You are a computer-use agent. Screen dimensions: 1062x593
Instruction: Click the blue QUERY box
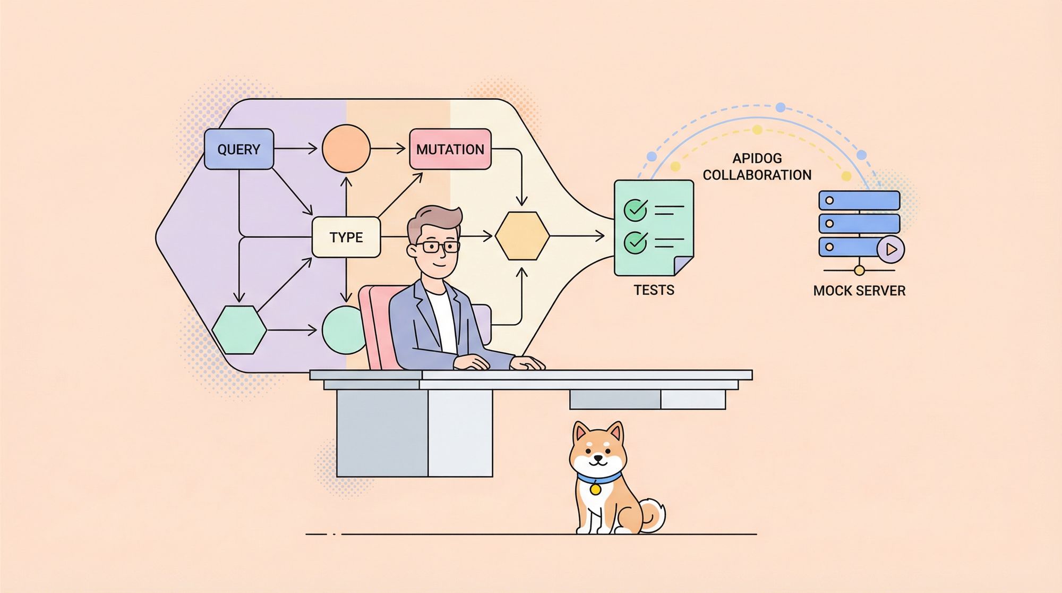click(239, 149)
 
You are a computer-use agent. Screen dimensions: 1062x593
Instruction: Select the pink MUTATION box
click(450, 149)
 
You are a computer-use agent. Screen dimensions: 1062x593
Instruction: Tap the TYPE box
click(346, 237)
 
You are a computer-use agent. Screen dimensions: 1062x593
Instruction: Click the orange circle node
click(346, 149)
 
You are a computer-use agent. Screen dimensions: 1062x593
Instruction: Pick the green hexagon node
click(239, 330)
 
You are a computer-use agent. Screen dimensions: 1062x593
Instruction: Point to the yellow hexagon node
click(523, 236)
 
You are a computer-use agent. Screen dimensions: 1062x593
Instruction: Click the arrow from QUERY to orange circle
click(296, 149)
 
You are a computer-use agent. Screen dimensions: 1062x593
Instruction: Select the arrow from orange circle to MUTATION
click(388, 149)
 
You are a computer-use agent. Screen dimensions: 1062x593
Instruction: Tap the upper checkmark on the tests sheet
click(635, 209)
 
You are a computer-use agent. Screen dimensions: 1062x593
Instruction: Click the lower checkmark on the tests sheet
click(635, 242)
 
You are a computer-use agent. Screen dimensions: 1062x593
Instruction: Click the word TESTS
click(654, 290)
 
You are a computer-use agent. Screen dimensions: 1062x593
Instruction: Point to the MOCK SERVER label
click(859, 291)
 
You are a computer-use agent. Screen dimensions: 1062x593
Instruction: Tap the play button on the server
click(890, 249)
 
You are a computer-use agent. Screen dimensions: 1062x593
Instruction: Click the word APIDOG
click(757, 158)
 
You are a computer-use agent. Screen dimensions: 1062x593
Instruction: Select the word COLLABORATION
click(757, 175)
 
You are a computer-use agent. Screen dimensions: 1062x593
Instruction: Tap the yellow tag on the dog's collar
click(596, 488)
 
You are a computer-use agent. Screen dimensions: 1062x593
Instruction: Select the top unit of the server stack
click(859, 200)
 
